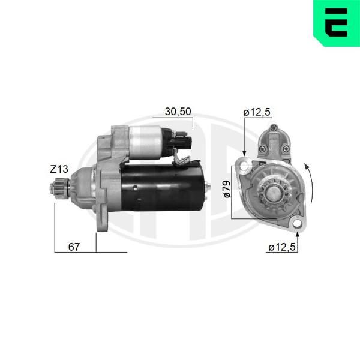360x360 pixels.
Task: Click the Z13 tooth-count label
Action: pyautogui.click(x=59, y=169)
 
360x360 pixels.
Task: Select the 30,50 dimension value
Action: pyautogui.click(x=178, y=112)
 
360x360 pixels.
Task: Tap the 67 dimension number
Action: pyautogui.click(x=74, y=247)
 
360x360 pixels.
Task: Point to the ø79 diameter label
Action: pyautogui.click(x=227, y=189)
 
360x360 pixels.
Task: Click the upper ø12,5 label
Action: pyautogui.click(x=257, y=112)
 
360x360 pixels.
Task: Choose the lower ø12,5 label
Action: pyautogui.click(x=282, y=247)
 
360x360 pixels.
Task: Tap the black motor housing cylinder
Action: pyautogui.click(x=162, y=187)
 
